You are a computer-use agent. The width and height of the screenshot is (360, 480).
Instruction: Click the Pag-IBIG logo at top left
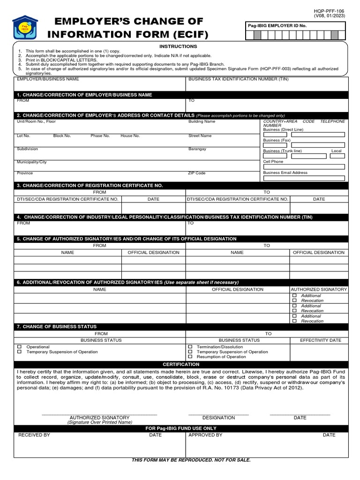click(25, 28)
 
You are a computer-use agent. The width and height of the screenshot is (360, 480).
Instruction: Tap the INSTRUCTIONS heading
click(178, 46)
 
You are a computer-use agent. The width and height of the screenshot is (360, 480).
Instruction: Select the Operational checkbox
click(20, 347)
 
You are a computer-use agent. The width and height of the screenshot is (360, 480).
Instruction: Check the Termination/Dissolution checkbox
click(190, 347)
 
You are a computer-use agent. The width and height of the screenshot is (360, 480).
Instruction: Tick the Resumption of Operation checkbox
click(190, 357)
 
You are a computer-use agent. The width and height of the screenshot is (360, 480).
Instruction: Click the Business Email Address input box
click(304, 178)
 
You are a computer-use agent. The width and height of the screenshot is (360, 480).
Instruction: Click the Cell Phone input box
click(304, 167)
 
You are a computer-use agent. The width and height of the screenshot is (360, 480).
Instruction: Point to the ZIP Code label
click(197, 173)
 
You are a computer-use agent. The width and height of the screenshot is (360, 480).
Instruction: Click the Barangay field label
click(197, 149)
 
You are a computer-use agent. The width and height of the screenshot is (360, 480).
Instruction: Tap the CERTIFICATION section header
click(181, 364)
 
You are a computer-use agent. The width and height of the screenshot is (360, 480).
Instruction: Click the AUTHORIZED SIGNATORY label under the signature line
click(99, 417)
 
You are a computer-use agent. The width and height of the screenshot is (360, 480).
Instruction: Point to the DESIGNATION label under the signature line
click(218, 417)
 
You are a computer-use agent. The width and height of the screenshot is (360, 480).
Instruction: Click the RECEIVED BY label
click(34, 435)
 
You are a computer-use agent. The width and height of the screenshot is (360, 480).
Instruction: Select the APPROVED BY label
click(205, 435)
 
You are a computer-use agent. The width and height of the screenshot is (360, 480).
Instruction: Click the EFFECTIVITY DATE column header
click(321, 340)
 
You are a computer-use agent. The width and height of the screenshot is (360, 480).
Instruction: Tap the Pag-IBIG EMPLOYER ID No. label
click(277, 26)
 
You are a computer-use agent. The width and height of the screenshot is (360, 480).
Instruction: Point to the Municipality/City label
click(32, 162)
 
